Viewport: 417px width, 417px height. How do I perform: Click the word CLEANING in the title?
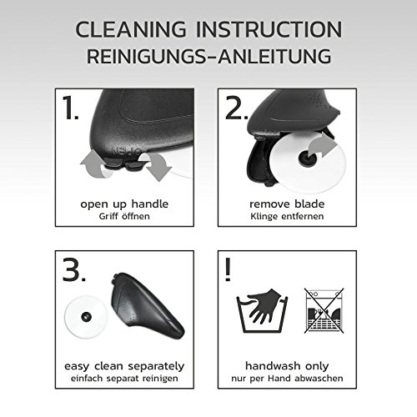[131, 29]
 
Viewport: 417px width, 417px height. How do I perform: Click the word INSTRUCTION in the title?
[269, 29]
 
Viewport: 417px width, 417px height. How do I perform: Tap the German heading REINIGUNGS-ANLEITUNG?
[209, 56]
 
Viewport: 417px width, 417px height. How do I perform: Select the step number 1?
[70, 108]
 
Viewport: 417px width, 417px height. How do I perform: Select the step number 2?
[237, 108]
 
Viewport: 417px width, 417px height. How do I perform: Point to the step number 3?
[73, 269]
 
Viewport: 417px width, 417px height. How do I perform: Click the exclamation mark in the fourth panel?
[228, 269]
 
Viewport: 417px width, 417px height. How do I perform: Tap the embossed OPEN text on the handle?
[126, 152]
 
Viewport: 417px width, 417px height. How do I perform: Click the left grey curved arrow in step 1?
[93, 164]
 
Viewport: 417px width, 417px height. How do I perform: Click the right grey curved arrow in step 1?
[158, 167]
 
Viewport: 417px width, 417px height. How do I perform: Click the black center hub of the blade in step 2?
[306, 158]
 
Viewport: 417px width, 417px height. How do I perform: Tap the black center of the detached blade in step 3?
[86, 316]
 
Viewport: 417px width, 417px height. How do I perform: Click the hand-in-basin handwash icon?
[262, 310]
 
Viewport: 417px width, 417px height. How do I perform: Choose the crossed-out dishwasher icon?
[324, 310]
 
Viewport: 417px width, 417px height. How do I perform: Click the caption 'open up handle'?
[124, 204]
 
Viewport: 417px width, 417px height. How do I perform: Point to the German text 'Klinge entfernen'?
[287, 216]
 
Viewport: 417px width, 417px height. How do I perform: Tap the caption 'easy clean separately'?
[124, 366]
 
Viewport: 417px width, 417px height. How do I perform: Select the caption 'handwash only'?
[287, 366]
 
